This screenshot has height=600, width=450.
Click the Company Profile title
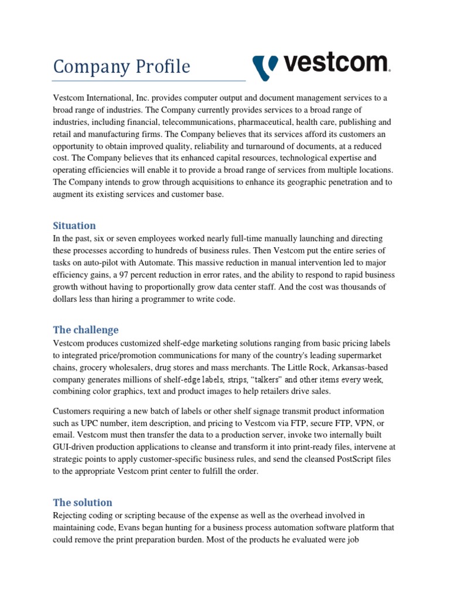coord(121,66)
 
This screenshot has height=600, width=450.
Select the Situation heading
coord(74,225)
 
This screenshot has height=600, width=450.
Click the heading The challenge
coord(86,330)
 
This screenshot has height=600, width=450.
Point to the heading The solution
coord(83,502)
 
